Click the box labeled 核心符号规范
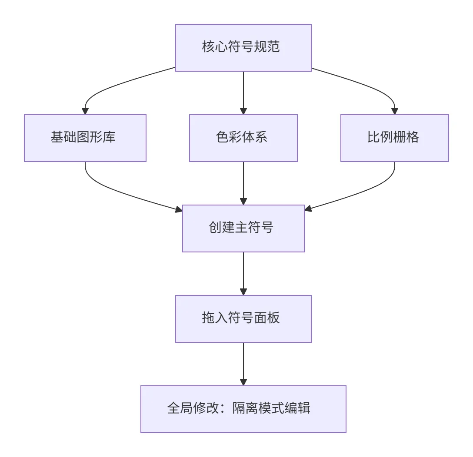pyautogui.click(x=243, y=48)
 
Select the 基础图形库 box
pyautogui.click(x=85, y=138)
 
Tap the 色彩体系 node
pyautogui.click(x=243, y=138)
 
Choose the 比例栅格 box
pyautogui.click(x=395, y=138)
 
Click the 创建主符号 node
pyautogui.click(x=243, y=228)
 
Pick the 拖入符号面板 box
pyautogui.click(x=243, y=319)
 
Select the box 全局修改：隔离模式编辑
pyautogui.click(x=243, y=409)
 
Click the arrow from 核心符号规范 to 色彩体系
pyautogui.click(x=243, y=93)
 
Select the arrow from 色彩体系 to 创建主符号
pyautogui.click(x=243, y=183)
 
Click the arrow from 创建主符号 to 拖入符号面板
pyautogui.click(x=243, y=274)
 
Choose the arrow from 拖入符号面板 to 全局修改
pyautogui.click(x=243, y=364)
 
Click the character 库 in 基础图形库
pyautogui.click(x=109, y=137)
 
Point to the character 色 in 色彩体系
pyautogui.click(x=222, y=137)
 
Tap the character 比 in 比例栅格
pyautogui.click(x=374, y=137)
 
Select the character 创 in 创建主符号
pyautogui.click(x=215, y=227)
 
